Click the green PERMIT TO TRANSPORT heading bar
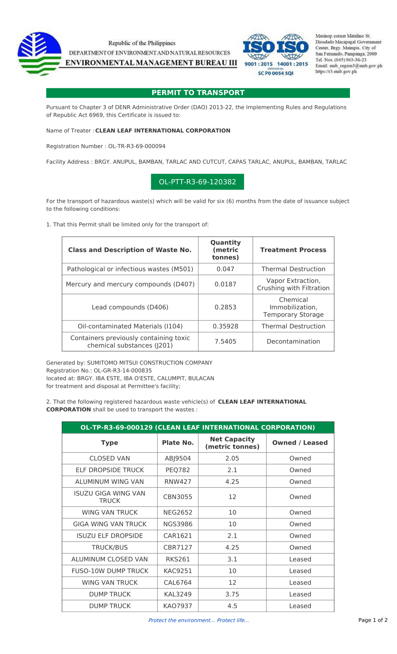[198, 93]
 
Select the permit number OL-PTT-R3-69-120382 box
[197, 182]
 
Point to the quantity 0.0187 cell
[225, 284]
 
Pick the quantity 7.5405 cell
[225, 341]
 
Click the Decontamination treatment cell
[293, 341]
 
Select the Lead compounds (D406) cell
[130, 307]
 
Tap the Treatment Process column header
[293, 250]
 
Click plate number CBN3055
[178, 497]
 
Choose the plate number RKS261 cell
[178, 559]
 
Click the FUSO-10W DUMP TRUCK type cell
[110, 571]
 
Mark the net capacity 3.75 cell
[232, 594]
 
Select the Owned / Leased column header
[300, 443]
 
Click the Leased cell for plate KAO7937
[300, 606]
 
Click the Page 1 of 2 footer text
[373, 620]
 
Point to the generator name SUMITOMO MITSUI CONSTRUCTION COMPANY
[149, 363]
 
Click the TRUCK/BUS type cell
[110, 547]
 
